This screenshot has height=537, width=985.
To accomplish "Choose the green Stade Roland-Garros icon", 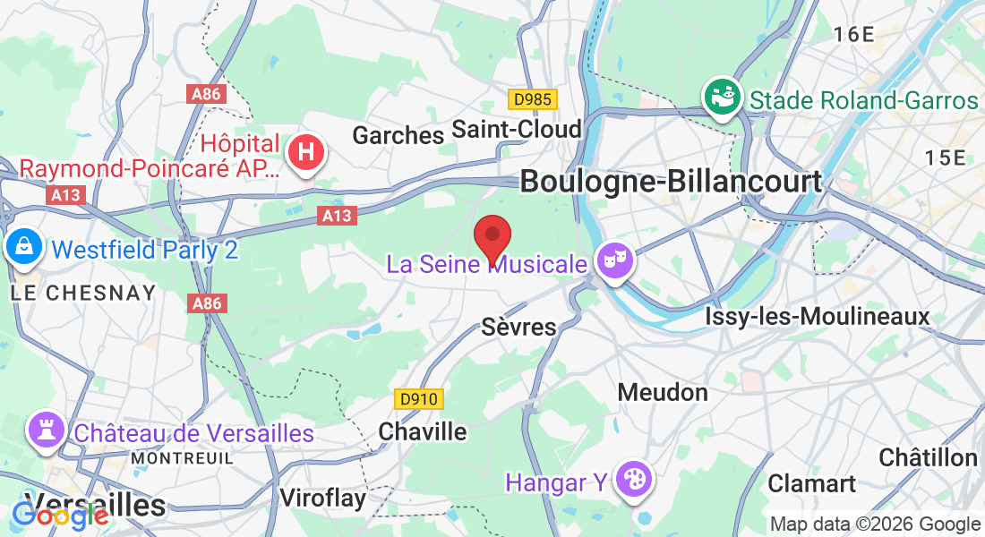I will (722, 96).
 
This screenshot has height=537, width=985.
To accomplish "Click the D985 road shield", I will (532, 99).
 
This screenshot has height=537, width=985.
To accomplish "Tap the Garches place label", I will (398, 135).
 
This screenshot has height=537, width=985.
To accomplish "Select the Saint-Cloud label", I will (517, 129).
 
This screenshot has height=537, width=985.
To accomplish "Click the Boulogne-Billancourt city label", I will (671, 181).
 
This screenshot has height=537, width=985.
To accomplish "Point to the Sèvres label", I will (519, 327).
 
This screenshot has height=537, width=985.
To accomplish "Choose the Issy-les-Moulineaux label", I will (818, 316).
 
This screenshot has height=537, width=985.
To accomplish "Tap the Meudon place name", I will (663, 392).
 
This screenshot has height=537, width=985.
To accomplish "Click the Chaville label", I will (423, 431).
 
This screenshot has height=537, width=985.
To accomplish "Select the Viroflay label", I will (322, 498).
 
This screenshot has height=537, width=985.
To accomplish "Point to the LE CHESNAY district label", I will (83, 293).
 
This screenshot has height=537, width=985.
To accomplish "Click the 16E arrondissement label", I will (852, 35).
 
